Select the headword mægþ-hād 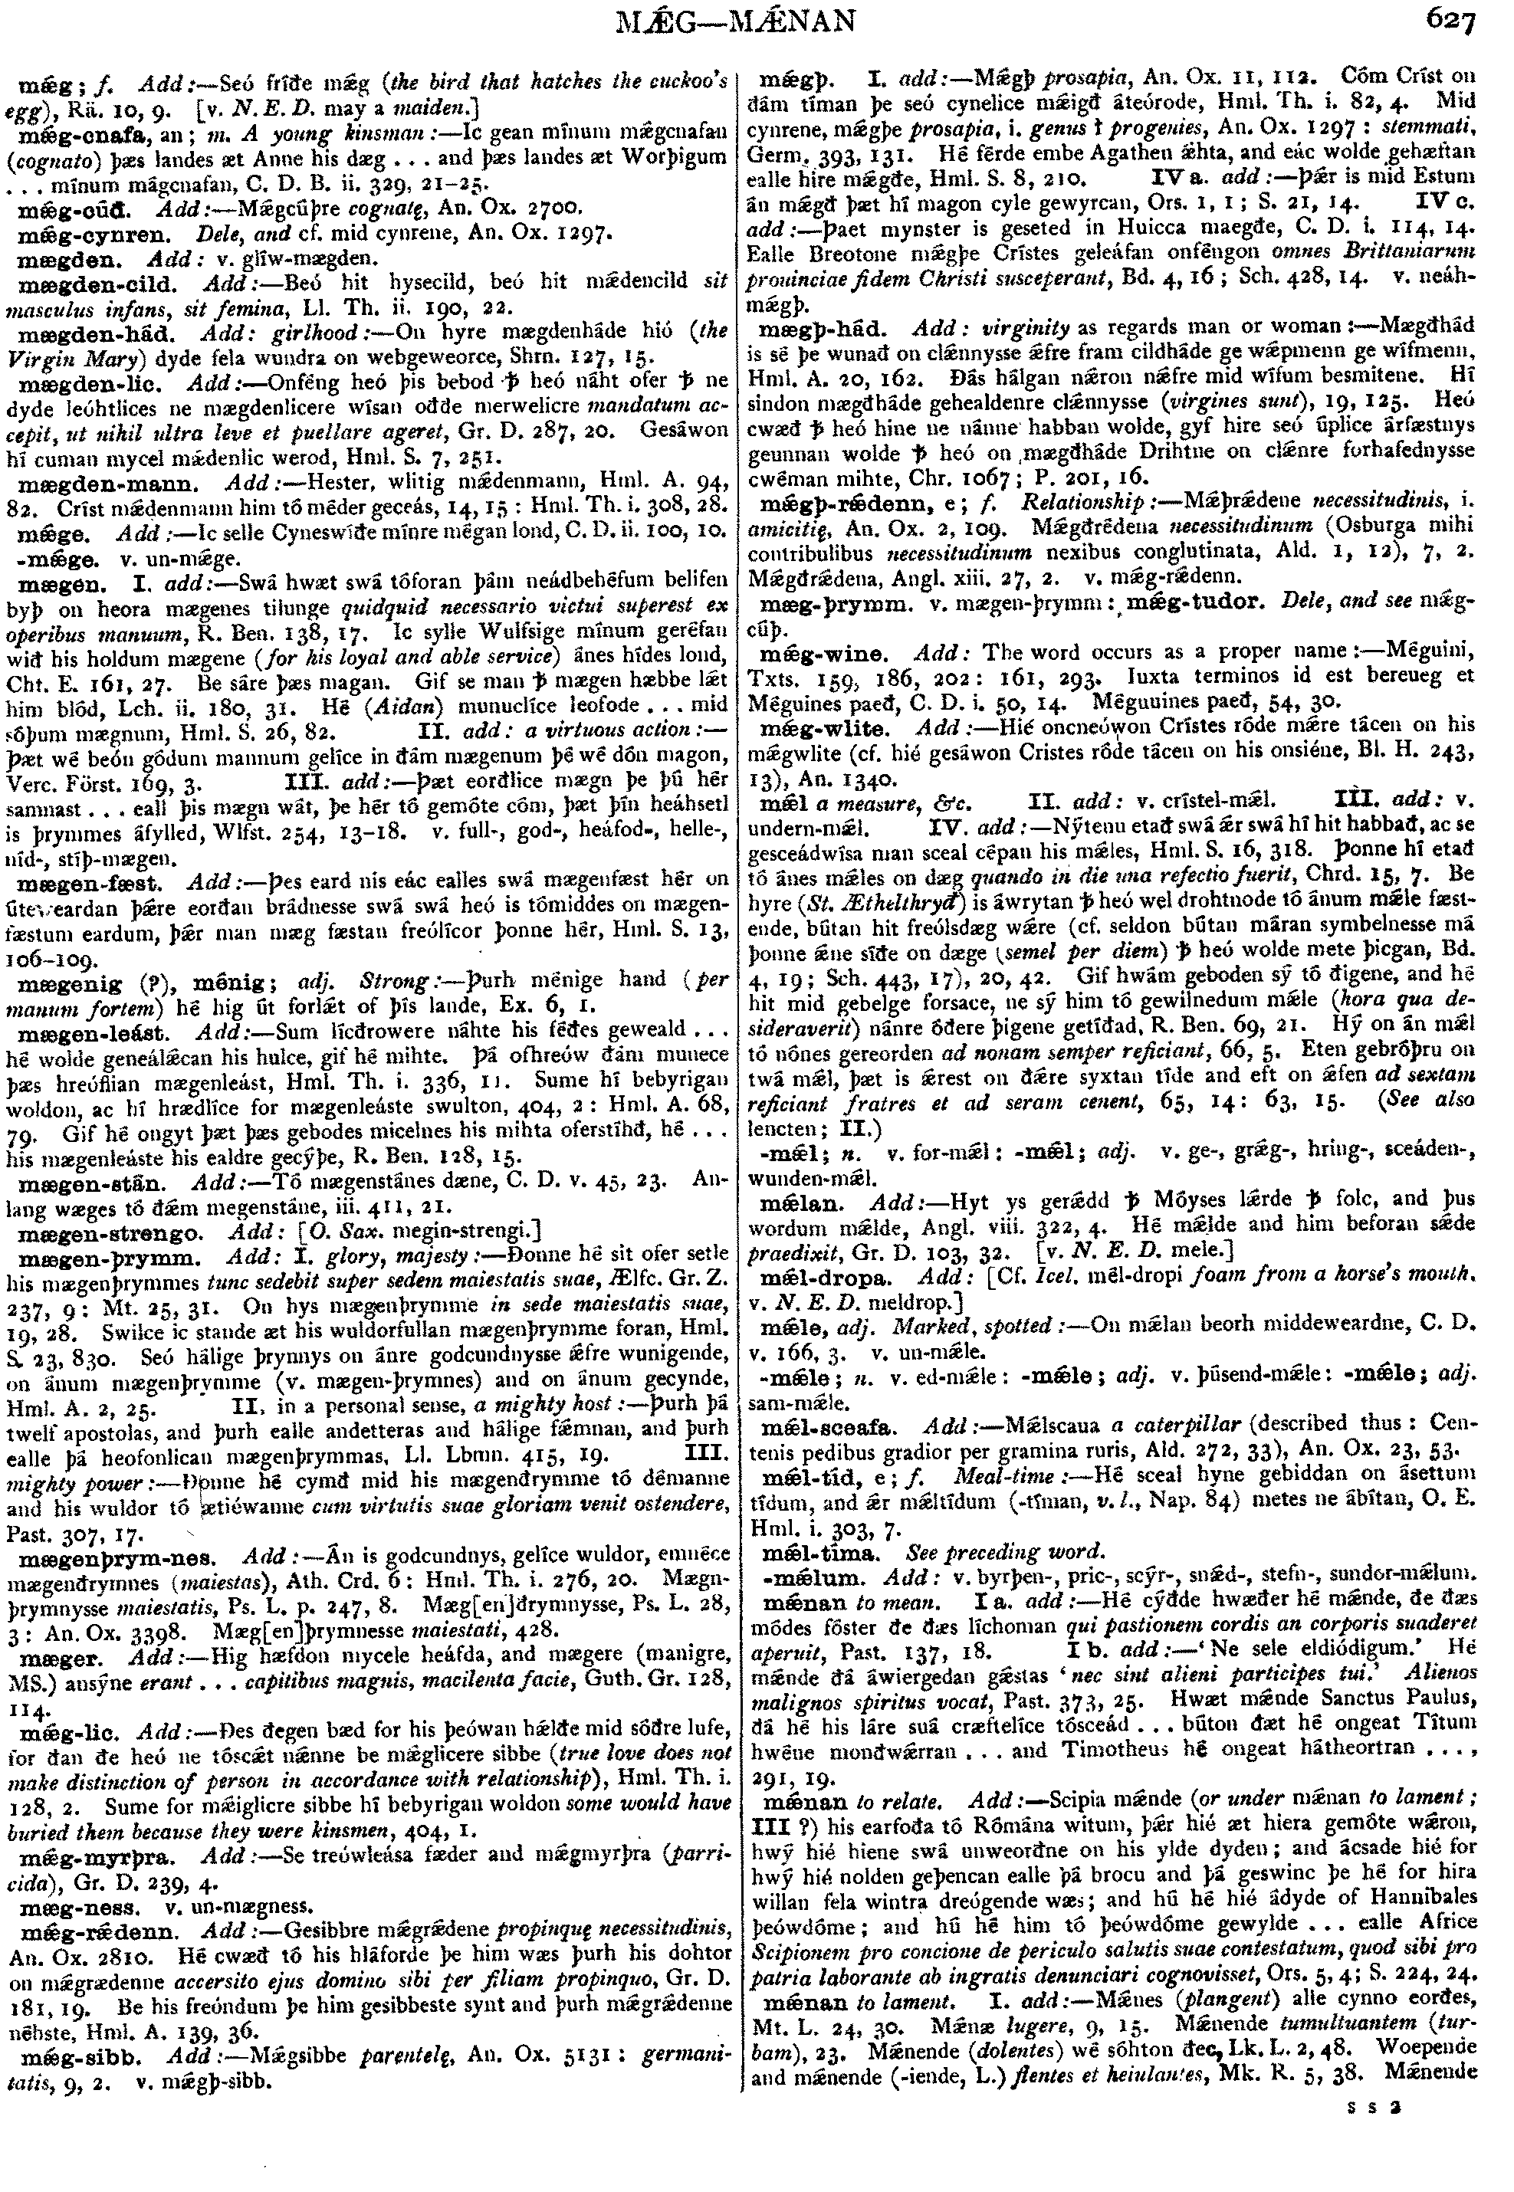pos(826,328)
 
